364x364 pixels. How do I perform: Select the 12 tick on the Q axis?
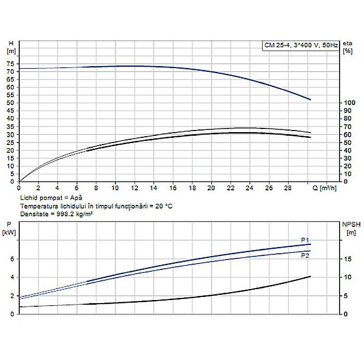[135, 188]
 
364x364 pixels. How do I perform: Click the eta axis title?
[347, 43]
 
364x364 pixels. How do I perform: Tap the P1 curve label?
[305, 240]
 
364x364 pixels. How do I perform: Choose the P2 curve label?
[305, 255]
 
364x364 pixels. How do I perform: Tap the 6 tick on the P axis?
[11, 259]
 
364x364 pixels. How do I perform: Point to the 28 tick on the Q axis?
[288, 188]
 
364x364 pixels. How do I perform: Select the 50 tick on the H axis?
[11, 103]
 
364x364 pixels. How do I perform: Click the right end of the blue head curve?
[310, 99]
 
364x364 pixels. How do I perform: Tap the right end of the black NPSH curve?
[310, 276]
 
